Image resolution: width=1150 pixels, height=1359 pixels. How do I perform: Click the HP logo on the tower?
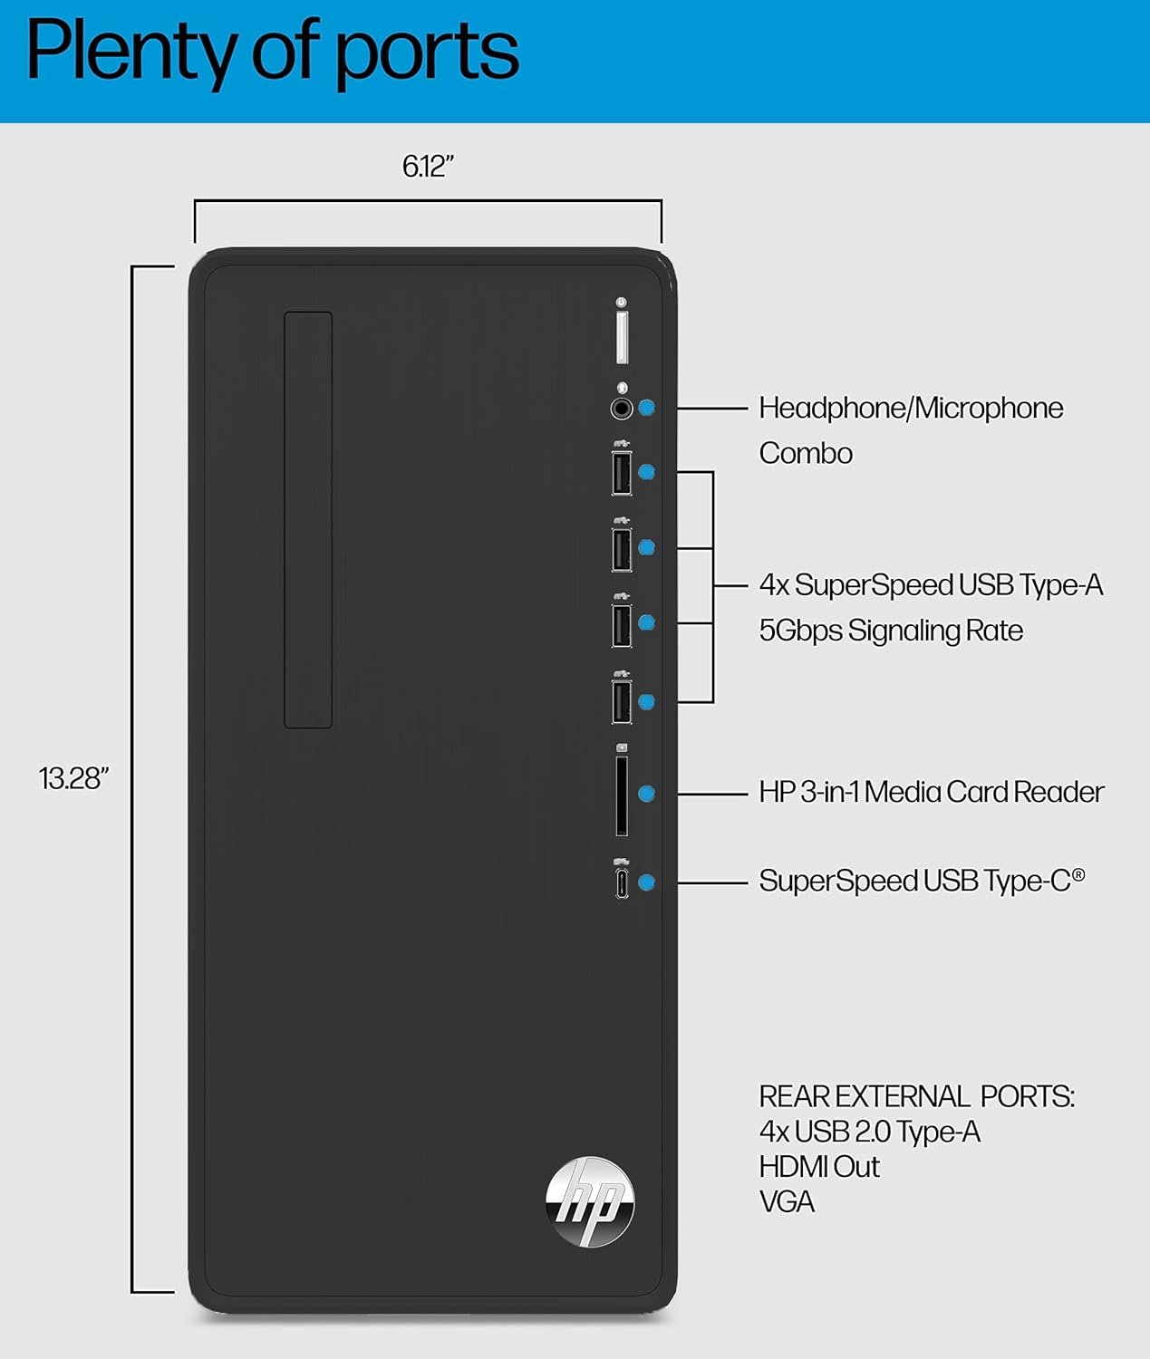coord(590,1200)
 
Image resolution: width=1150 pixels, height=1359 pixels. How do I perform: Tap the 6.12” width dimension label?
coord(428,167)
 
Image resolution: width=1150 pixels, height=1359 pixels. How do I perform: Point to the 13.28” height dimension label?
coord(73,778)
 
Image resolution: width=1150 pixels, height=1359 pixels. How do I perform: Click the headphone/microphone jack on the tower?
coord(622,409)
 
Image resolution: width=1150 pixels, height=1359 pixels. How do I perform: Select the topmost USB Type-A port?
coord(622,473)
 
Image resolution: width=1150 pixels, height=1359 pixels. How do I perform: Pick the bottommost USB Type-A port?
coord(622,702)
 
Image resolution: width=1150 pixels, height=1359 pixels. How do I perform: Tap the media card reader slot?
coord(622,795)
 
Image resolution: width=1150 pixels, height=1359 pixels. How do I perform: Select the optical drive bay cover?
coord(308,519)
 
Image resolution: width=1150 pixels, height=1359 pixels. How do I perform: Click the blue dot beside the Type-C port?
coord(646,882)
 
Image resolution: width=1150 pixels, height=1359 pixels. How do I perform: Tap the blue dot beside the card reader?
coord(646,794)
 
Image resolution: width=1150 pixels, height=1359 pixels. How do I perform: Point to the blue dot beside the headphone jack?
coord(646,408)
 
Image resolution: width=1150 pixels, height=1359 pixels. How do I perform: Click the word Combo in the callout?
coord(806,453)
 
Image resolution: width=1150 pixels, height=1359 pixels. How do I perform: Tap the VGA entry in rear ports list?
coord(787,1202)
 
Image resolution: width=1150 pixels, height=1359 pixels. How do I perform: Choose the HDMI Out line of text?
coord(819,1167)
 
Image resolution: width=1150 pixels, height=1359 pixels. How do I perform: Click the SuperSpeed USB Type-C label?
coord(921,881)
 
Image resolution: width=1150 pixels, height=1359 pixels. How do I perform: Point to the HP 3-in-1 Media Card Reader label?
coord(931,793)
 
